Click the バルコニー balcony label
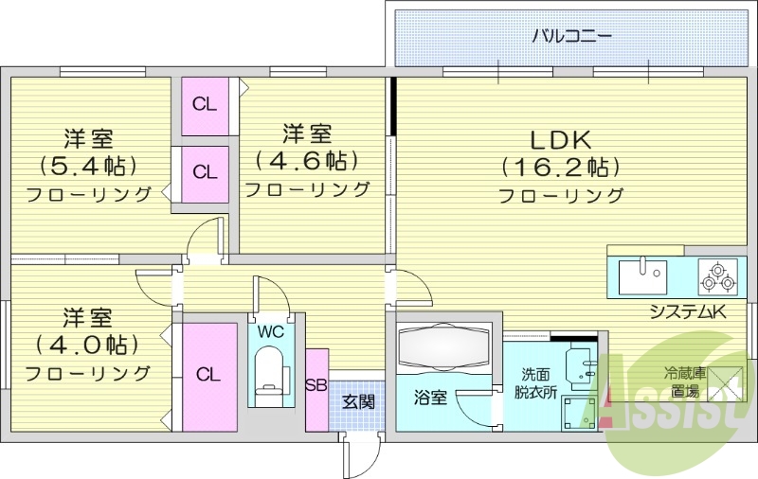[570, 37]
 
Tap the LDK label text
[560, 140]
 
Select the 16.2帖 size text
[560, 168]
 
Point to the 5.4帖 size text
[88, 166]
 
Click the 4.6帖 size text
[308, 159]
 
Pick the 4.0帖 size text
[88, 343]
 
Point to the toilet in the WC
[270, 374]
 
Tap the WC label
[270, 332]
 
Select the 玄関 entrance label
[358, 401]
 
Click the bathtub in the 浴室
[443, 346]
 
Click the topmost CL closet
[205, 104]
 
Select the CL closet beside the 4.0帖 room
[208, 375]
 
